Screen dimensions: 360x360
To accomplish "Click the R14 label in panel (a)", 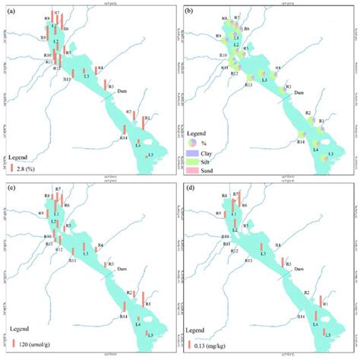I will tap(123, 137).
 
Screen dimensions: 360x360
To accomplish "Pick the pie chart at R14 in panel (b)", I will tap(303, 137).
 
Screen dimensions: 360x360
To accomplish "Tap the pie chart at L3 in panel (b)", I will tap(264, 78).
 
